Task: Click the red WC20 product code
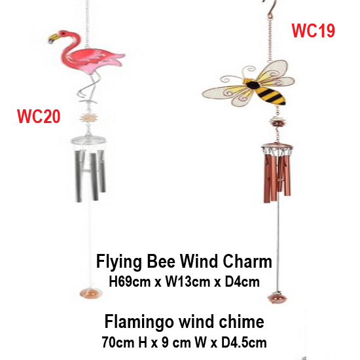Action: click(x=39, y=117)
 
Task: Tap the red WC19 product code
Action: click(x=313, y=30)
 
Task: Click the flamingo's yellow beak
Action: click(x=53, y=39)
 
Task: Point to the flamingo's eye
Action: click(x=62, y=33)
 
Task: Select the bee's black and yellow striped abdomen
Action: click(x=272, y=95)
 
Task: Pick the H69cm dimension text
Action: click(x=130, y=281)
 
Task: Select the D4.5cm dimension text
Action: click(x=244, y=342)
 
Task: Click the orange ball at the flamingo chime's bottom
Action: click(x=91, y=293)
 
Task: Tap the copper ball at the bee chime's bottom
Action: click(x=277, y=298)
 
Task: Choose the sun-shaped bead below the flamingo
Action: click(x=88, y=118)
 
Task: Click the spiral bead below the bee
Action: click(x=278, y=124)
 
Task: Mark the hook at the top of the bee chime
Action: click(x=270, y=9)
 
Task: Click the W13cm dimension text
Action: click(x=188, y=281)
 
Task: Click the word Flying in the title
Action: click(x=119, y=262)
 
